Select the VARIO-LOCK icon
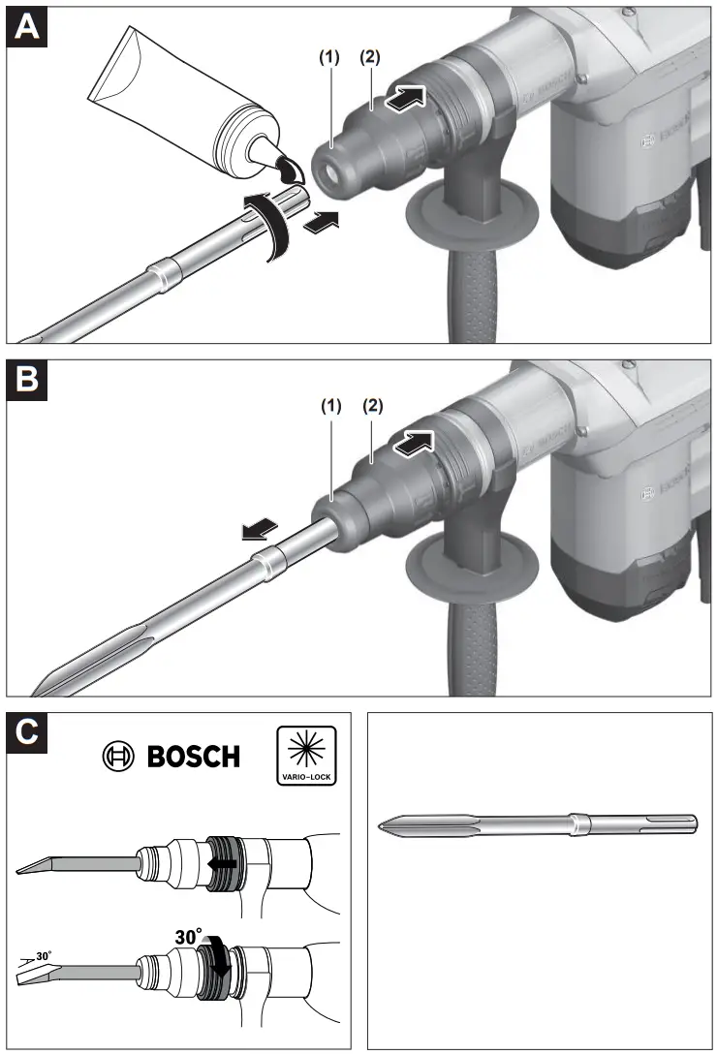point(306,754)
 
